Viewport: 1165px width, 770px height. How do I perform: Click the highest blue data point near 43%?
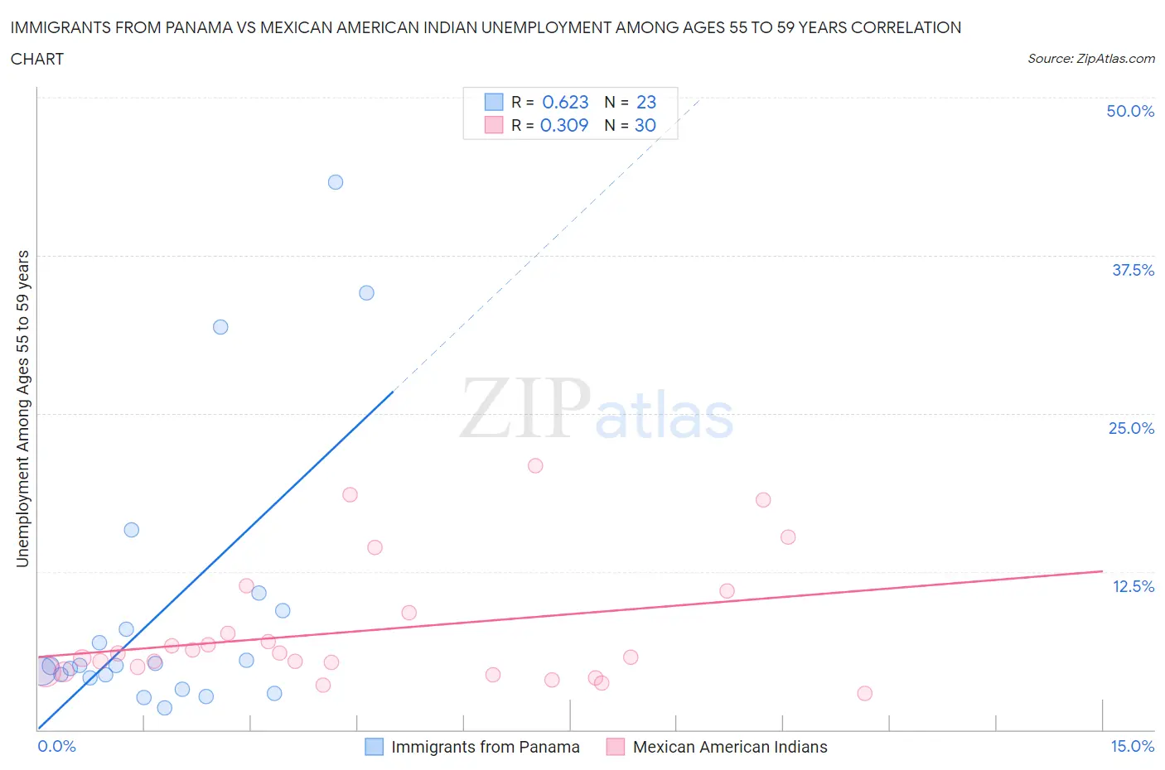click(x=336, y=182)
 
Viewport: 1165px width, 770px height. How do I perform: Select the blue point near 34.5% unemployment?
click(x=366, y=293)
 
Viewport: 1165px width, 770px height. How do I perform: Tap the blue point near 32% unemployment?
click(x=220, y=327)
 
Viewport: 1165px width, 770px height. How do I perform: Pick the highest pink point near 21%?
click(x=535, y=466)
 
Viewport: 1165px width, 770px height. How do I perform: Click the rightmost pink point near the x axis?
click(x=864, y=694)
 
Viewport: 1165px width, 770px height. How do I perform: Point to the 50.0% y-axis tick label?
click(x=1130, y=111)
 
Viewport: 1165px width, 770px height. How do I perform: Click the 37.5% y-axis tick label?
click(x=1133, y=270)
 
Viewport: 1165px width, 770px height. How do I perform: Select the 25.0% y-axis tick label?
click(x=1131, y=428)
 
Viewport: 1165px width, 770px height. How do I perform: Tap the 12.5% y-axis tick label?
click(x=1133, y=586)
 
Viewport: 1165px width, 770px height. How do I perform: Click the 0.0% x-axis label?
click(x=56, y=746)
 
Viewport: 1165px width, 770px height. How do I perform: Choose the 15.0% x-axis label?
click(x=1132, y=746)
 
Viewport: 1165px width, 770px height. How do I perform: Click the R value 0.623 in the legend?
click(x=565, y=102)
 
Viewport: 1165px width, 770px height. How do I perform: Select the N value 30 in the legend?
click(x=645, y=125)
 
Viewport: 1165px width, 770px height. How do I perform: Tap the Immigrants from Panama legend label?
click(x=485, y=747)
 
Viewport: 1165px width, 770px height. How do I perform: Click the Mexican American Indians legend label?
click(x=730, y=747)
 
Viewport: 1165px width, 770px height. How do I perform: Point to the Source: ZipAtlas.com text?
click(x=1090, y=59)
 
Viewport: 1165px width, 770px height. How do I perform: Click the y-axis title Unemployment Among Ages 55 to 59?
click(x=23, y=408)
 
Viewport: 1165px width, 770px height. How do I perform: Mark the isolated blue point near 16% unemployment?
click(x=131, y=530)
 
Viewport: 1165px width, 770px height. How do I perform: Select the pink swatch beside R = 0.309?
click(x=494, y=125)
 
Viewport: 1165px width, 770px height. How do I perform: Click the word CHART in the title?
click(x=37, y=59)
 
